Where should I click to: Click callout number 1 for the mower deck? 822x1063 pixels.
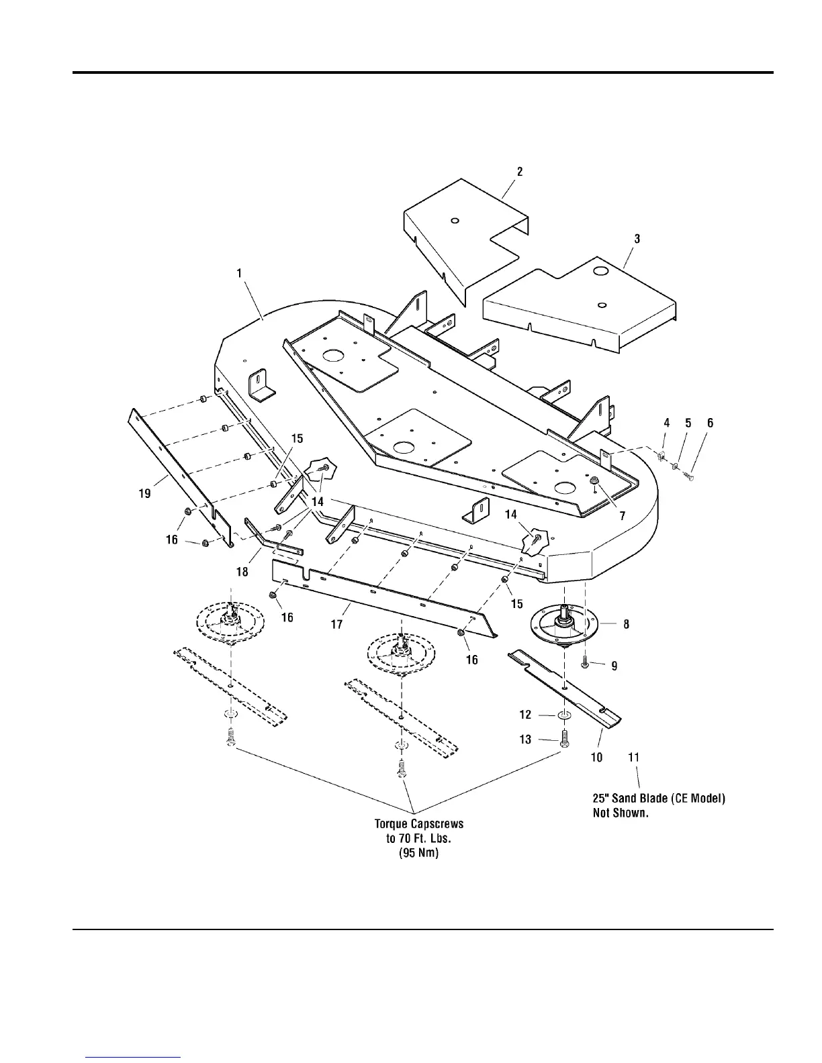click(x=238, y=274)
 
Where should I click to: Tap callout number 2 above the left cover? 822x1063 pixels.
click(x=520, y=171)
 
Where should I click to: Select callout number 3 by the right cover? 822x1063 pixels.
click(x=637, y=239)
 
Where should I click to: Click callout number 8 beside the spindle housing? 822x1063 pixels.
click(x=626, y=624)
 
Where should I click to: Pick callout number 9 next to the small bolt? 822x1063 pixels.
click(x=614, y=666)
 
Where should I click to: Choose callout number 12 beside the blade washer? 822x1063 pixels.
click(x=525, y=715)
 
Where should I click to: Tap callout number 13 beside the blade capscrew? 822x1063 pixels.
click(x=525, y=740)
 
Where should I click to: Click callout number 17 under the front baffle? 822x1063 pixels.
click(x=336, y=624)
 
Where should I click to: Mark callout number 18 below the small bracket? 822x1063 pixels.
click(x=242, y=572)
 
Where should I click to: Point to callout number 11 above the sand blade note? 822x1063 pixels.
click(x=633, y=757)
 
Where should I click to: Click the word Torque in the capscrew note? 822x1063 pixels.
click(x=392, y=823)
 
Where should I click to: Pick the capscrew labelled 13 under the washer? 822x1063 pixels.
click(x=564, y=738)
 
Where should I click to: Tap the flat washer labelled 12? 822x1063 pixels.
click(x=564, y=715)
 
